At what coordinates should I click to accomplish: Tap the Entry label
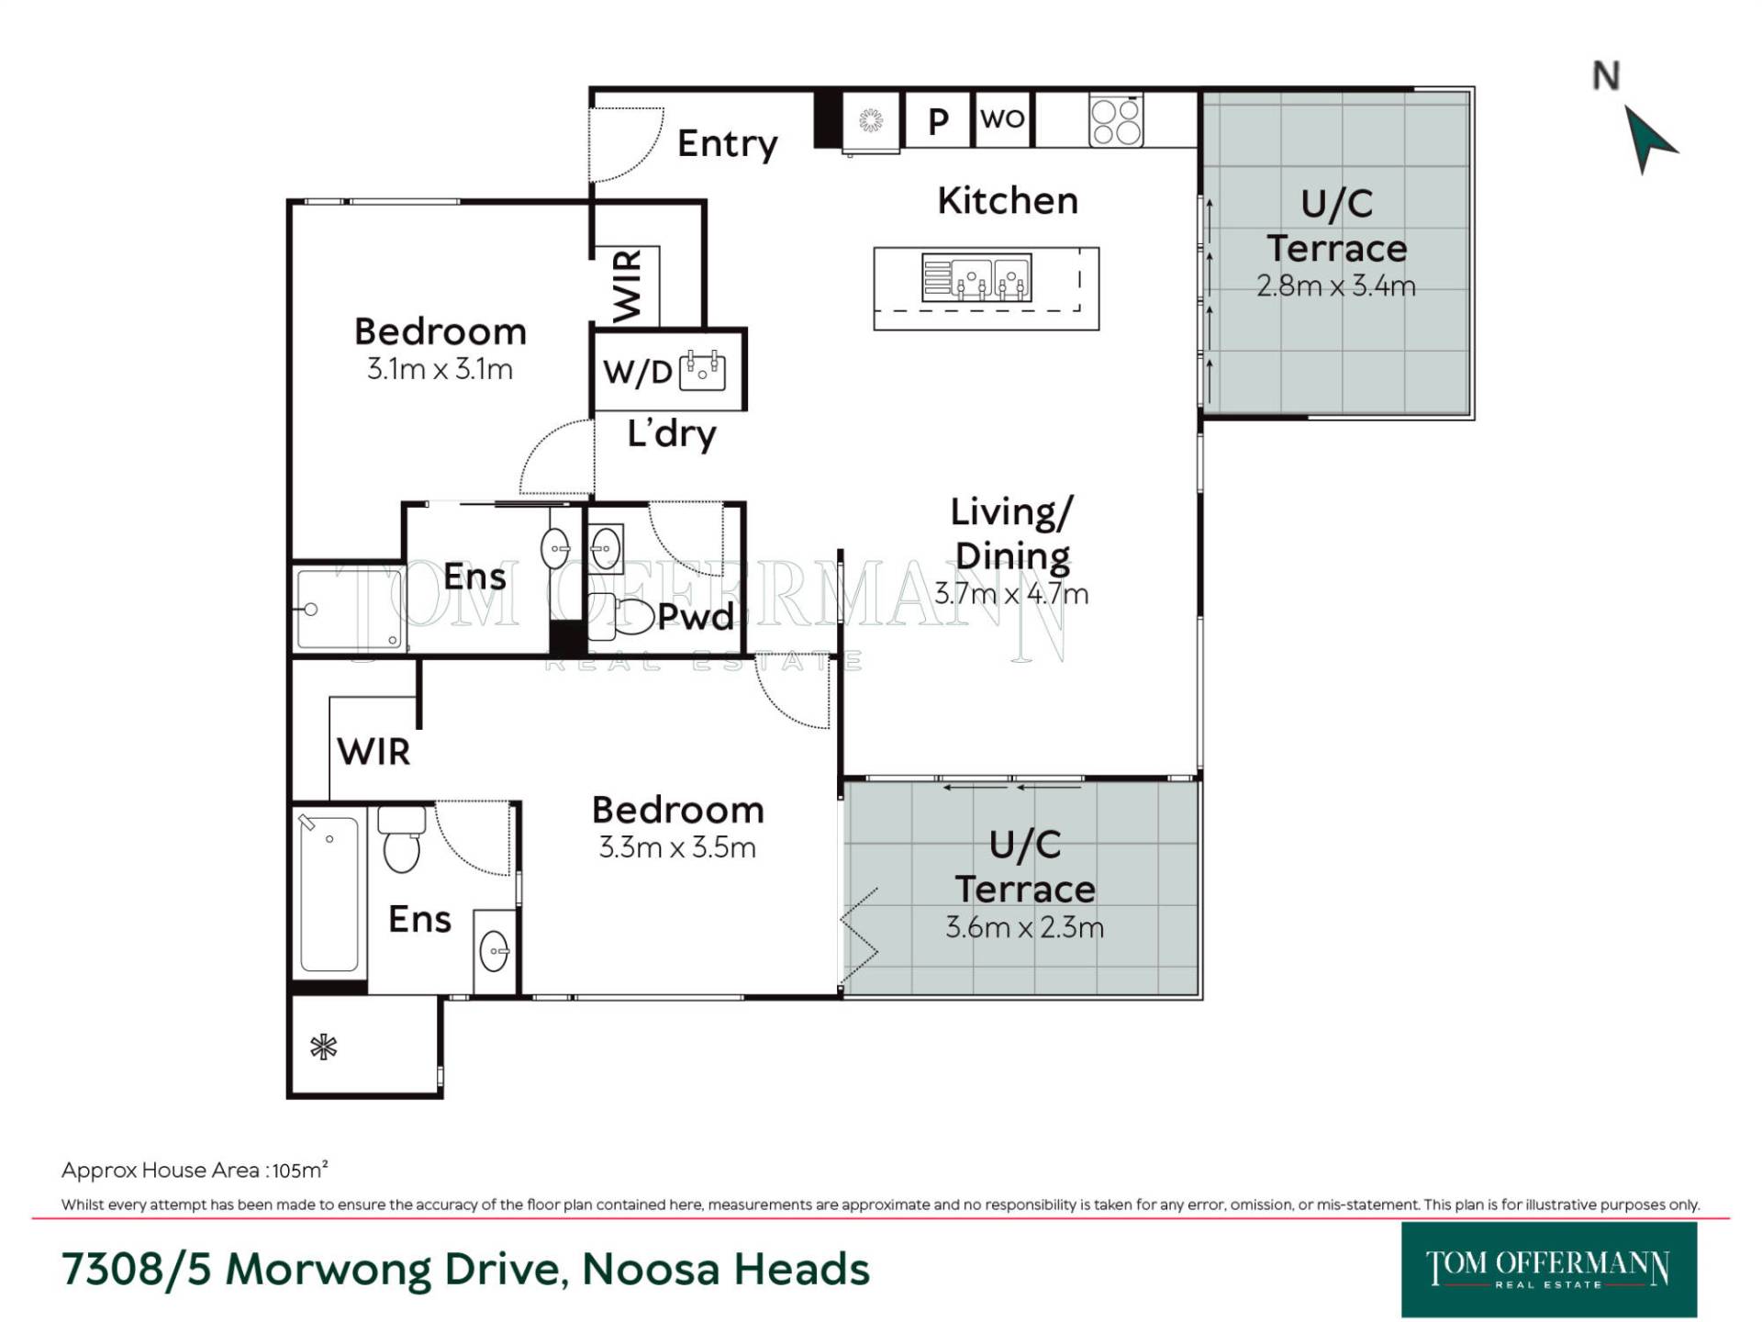[727, 144]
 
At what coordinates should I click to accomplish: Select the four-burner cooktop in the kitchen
[1116, 120]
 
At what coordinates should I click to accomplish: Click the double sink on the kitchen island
[976, 277]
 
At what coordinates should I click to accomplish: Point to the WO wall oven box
[1002, 118]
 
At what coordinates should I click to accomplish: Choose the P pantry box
[937, 119]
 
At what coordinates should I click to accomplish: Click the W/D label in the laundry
[638, 372]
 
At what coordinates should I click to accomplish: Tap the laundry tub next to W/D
[703, 370]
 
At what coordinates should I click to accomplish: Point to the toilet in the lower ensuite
[402, 838]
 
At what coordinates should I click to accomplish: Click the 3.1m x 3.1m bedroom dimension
[440, 369]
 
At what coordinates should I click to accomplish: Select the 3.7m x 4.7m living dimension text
[1011, 594]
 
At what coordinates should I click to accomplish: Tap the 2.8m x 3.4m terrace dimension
[1336, 286]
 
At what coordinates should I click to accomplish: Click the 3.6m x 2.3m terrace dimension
[1024, 927]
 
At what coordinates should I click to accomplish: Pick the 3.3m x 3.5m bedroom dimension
[677, 846]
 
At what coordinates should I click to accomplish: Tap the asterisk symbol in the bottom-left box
[323, 1047]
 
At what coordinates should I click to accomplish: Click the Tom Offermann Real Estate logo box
[1549, 1270]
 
